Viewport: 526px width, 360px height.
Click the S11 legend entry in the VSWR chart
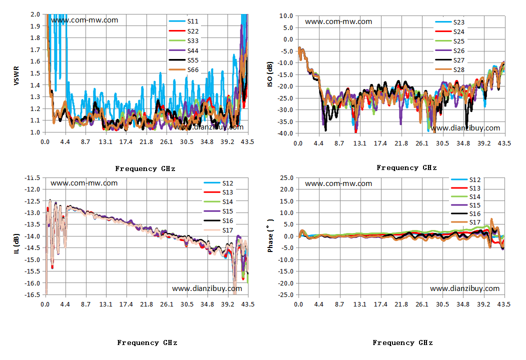pyautogui.click(x=183, y=21)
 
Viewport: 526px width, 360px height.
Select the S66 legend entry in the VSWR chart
pyautogui.click(x=183, y=70)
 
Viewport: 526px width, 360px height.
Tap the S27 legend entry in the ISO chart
pyautogui.click(x=450, y=60)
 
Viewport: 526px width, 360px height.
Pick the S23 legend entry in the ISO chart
pyautogui.click(x=450, y=22)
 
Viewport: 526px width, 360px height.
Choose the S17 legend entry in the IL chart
pyautogui.click(x=218, y=230)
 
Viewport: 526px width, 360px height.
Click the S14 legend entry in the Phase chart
pyautogui.click(x=465, y=197)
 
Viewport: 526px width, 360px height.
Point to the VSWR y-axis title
pyautogui.click(x=16, y=76)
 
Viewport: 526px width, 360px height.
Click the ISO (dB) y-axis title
pyautogui.click(x=270, y=74)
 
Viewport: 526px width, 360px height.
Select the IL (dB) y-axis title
pyautogui.click(x=16, y=243)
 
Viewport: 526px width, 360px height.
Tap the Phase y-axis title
pyautogui.click(x=270, y=235)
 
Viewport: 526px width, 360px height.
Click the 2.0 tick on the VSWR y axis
pyautogui.click(x=35, y=14)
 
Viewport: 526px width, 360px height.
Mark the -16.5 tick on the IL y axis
pyautogui.click(x=32, y=294)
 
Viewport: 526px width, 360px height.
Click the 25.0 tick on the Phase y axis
pyautogui.click(x=287, y=178)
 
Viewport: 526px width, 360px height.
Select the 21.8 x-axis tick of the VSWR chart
pyautogui.click(x=146, y=142)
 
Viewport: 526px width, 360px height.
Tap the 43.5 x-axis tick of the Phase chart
pyautogui.click(x=504, y=304)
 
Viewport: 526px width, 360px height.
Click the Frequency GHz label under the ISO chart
pyautogui.click(x=406, y=168)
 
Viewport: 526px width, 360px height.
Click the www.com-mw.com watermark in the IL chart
pyautogui.click(x=84, y=183)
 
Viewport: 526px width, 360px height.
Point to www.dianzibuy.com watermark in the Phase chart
pyautogui.click(x=464, y=288)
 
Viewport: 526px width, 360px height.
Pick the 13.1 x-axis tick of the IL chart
pyautogui.click(x=105, y=304)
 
